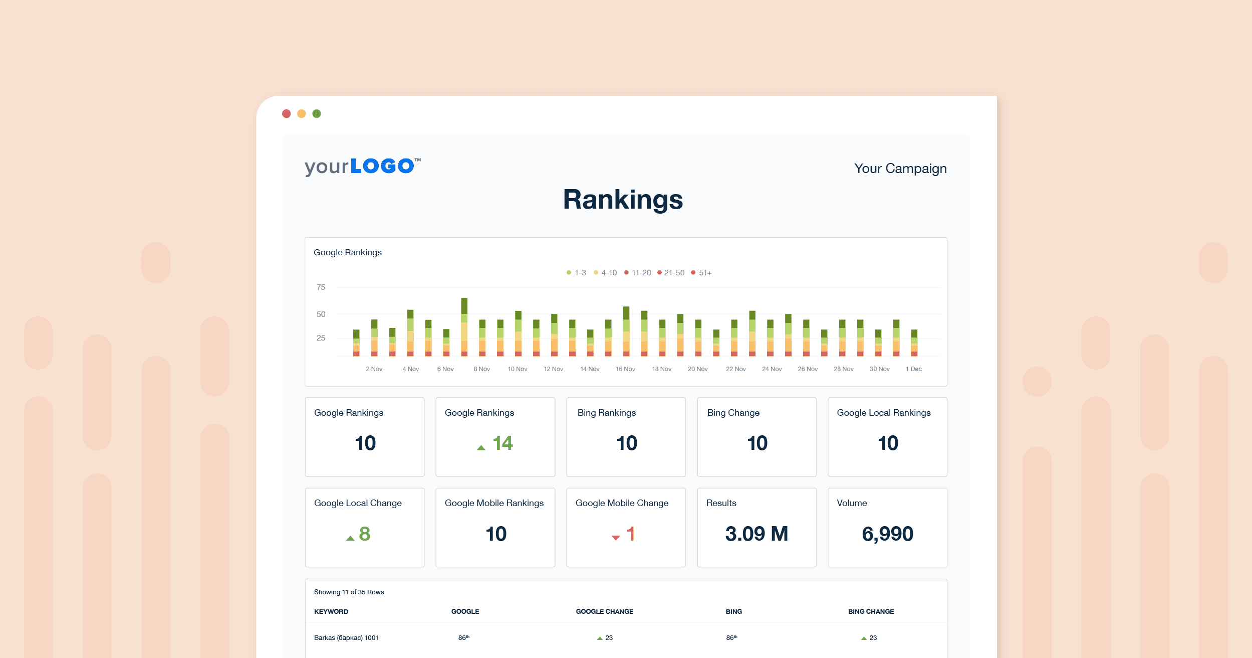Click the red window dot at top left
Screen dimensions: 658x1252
[287, 114]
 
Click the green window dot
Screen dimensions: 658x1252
[317, 114]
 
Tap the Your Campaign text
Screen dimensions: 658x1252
[900, 169]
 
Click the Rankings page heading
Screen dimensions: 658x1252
[623, 200]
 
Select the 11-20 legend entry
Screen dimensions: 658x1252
[638, 273]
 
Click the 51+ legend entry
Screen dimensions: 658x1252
[701, 273]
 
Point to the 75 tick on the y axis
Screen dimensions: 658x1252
[321, 287]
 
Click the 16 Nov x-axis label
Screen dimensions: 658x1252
[625, 369]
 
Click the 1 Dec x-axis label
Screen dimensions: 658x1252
[913, 369]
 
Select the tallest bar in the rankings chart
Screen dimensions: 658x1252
[464, 326]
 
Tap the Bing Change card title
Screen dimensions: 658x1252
[733, 413]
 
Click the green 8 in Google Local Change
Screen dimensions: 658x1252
[364, 534]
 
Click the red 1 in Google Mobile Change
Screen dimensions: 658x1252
[630, 534]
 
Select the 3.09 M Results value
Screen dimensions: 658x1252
[757, 534]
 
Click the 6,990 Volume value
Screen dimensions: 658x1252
[887, 534]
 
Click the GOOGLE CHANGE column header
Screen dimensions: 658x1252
[604, 611]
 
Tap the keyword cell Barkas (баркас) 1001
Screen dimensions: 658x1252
[346, 638]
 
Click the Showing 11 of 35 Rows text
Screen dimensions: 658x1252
[349, 592]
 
